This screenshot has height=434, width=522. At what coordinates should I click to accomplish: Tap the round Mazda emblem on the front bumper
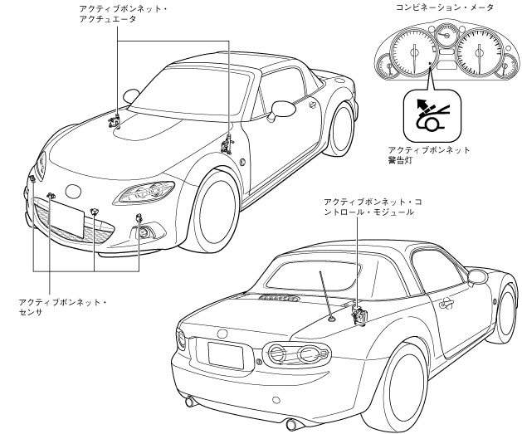pos(74,191)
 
